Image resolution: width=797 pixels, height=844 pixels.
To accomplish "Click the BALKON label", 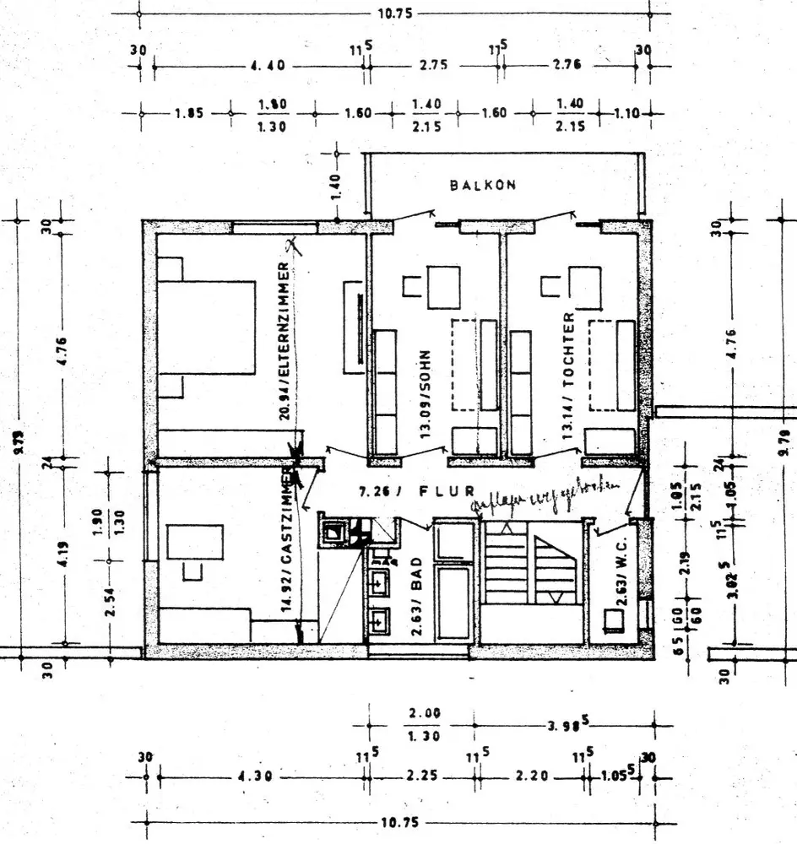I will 483,185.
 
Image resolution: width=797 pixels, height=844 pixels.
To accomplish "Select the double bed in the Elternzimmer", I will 207,327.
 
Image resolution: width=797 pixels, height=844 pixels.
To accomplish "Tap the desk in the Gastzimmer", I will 195,542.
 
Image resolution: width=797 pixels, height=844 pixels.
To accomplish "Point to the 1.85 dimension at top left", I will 189,113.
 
